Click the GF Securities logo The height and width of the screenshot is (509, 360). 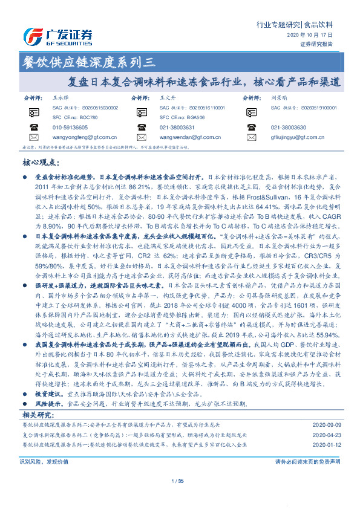pos(57,36)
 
